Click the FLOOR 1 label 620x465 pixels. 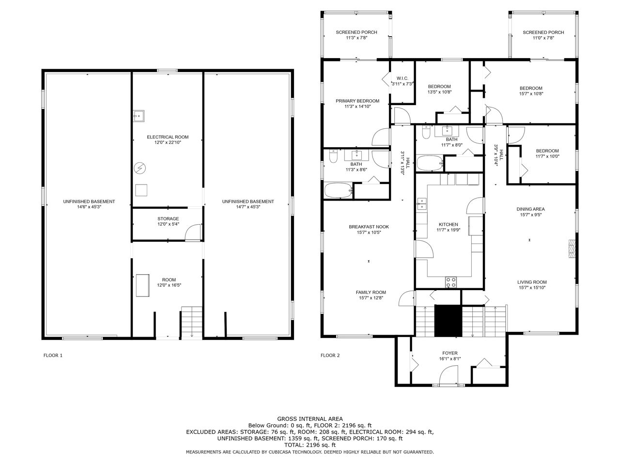tap(53, 355)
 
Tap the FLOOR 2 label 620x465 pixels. tap(330, 355)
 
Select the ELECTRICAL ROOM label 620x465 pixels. tap(168, 137)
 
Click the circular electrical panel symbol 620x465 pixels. tap(139, 168)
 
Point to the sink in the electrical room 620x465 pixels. tap(139, 116)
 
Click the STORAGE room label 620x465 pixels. tap(168, 218)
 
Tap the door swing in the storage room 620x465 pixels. tap(193, 232)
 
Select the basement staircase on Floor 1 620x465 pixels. tap(192, 322)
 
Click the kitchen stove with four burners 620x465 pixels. tap(451, 282)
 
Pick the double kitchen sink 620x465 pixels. tap(422, 203)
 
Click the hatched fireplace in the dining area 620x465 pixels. tap(572, 249)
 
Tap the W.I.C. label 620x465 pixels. tap(402, 78)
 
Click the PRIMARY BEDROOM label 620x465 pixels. tap(357, 101)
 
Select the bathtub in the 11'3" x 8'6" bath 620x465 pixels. tap(338, 190)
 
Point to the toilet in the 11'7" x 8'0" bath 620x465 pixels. tap(426, 132)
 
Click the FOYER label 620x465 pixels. tap(449, 353)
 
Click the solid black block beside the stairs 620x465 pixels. tap(448, 321)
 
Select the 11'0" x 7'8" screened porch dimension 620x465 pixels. tap(543, 38)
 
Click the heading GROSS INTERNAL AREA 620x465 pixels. tap(310, 419)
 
